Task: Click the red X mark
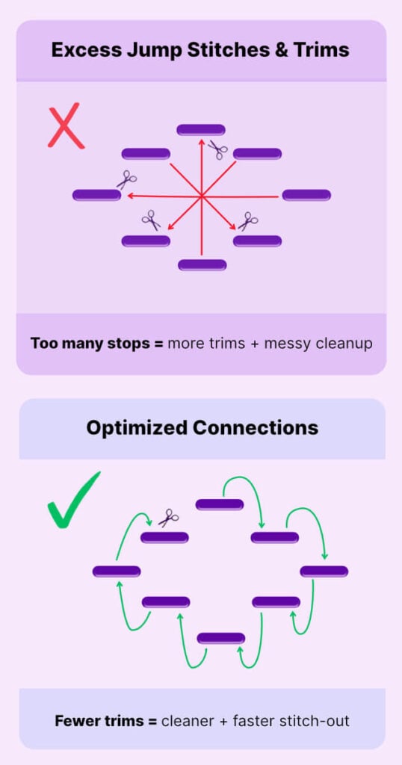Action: pyautogui.click(x=66, y=125)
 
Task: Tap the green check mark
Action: pyautogui.click(x=73, y=500)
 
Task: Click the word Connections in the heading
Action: pyautogui.click(x=255, y=428)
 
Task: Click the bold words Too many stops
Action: pyautogui.click(x=90, y=344)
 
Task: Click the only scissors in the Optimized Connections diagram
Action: pyautogui.click(x=168, y=518)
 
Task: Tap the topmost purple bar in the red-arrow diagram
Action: pyautogui.click(x=201, y=130)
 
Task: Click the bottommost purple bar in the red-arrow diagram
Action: pyautogui.click(x=202, y=265)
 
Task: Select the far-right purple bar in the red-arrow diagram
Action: pyautogui.click(x=306, y=195)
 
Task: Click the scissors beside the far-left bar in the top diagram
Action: pyautogui.click(x=126, y=179)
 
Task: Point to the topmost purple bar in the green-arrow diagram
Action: pyautogui.click(x=220, y=504)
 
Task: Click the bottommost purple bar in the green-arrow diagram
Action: pyautogui.click(x=221, y=638)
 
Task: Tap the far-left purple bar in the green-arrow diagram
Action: pyautogui.click(x=117, y=572)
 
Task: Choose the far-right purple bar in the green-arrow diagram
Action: pyautogui.click(x=324, y=572)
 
